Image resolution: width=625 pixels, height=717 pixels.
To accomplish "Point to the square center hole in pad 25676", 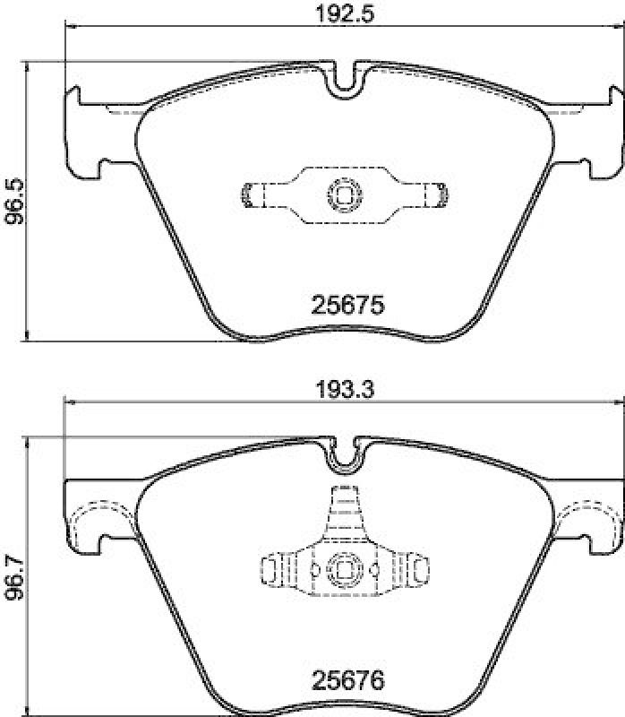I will click(345, 567).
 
